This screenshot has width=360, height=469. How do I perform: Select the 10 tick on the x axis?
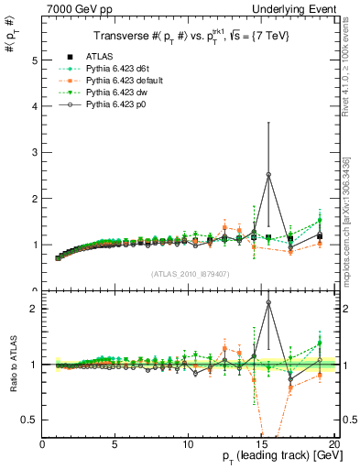[x=188, y=443]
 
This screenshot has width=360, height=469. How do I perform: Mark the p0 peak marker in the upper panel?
[x=268, y=174]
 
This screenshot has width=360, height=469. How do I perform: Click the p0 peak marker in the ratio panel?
[x=268, y=302]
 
